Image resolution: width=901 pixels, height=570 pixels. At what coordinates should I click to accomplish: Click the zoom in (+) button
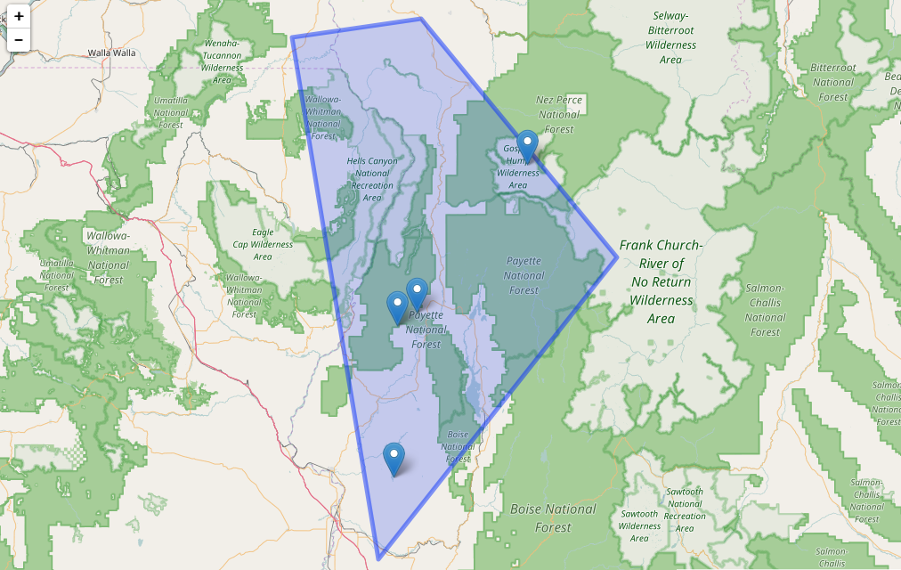pos(19,16)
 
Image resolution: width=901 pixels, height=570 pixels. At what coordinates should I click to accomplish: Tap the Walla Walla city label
pos(111,53)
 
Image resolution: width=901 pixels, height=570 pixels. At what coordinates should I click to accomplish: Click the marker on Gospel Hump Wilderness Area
pos(528,145)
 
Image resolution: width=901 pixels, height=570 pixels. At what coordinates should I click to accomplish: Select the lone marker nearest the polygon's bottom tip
pos(394,458)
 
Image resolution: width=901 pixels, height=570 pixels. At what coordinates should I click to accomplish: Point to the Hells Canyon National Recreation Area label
pos(372,179)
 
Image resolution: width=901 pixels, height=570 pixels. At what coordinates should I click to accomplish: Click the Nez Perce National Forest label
pos(559,114)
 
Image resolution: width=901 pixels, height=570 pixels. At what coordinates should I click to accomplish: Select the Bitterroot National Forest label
pos(833,82)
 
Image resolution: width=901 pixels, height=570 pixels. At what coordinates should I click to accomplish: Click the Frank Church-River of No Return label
pos(661,281)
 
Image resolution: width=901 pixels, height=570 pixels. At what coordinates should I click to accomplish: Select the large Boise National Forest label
pos(553,517)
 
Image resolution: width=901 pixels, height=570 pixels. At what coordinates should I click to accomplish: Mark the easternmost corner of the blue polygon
pos(617,258)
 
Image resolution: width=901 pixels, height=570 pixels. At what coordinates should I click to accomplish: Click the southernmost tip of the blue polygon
pos(378,558)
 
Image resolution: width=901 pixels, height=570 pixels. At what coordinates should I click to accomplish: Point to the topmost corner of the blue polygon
pos(421,19)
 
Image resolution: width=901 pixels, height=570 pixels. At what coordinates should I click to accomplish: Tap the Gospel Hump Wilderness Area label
pos(517,167)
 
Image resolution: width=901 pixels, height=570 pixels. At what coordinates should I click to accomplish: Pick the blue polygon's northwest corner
pos(292,37)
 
